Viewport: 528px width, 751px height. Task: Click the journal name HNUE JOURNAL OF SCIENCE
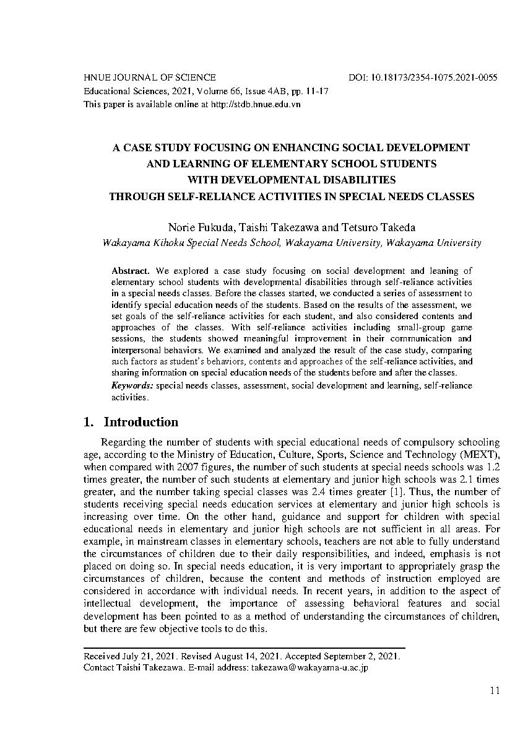click(150, 78)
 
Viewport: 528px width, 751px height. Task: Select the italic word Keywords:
click(132, 385)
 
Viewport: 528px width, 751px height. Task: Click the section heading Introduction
click(141, 423)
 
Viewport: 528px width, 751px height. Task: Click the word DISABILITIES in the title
click(352, 180)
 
